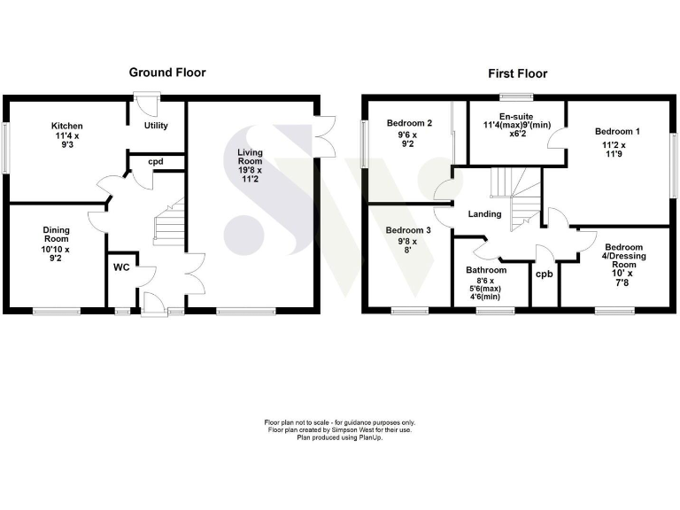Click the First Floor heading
(x=518, y=73)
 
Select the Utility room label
(x=156, y=126)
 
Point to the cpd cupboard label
(x=156, y=162)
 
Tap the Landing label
(x=484, y=213)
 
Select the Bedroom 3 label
(x=408, y=240)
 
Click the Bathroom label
(x=487, y=271)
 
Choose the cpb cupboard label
(x=544, y=274)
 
